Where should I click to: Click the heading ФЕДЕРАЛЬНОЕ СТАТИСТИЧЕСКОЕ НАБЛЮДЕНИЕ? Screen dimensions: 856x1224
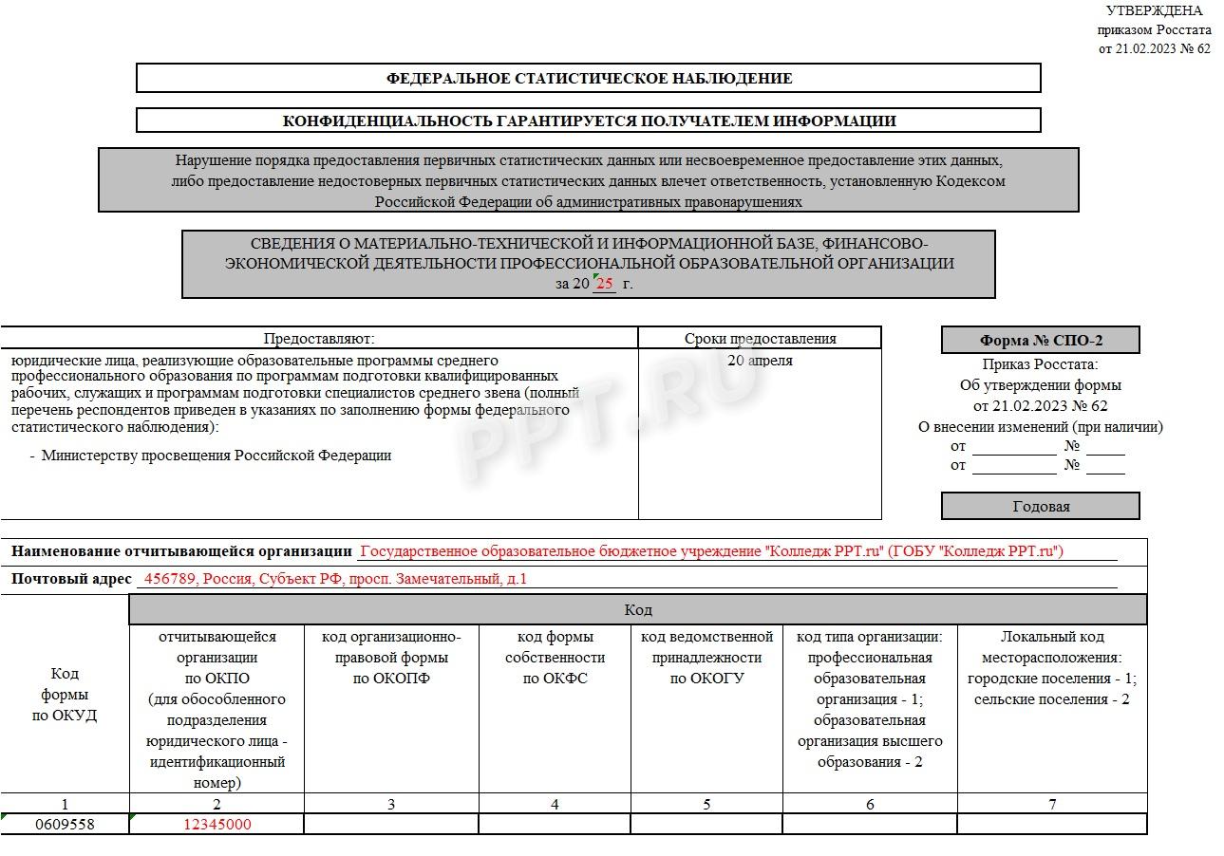coord(589,78)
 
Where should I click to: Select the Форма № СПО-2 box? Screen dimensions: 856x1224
coord(1041,341)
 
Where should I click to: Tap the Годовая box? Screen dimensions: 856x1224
coord(1041,506)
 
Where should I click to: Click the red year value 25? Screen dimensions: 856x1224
coord(604,284)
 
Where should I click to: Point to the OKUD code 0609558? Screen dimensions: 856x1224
coord(65,825)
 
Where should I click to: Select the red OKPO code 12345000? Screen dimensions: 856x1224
coord(217,825)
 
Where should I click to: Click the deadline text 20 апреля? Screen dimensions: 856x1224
coord(760,361)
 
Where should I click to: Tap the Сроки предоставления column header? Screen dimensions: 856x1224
coord(760,338)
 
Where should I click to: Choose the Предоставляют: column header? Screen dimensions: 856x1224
coord(319,338)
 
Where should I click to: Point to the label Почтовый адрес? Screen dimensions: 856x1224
coord(71,579)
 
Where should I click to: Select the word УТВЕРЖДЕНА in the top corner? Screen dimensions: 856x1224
coord(1154,10)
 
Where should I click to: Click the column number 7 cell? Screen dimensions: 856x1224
coord(1052,805)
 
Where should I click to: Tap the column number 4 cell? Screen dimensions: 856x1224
coord(555,805)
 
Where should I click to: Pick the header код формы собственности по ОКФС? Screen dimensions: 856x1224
coord(555,657)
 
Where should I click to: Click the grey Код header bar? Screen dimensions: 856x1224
coord(637,609)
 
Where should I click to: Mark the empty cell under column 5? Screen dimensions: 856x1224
coord(706,825)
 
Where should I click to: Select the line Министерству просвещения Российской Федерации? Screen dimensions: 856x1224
coord(217,456)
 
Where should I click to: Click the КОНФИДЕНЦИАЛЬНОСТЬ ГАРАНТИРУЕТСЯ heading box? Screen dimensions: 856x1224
coord(589,121)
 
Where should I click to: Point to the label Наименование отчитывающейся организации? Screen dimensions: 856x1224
coord(181,551)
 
